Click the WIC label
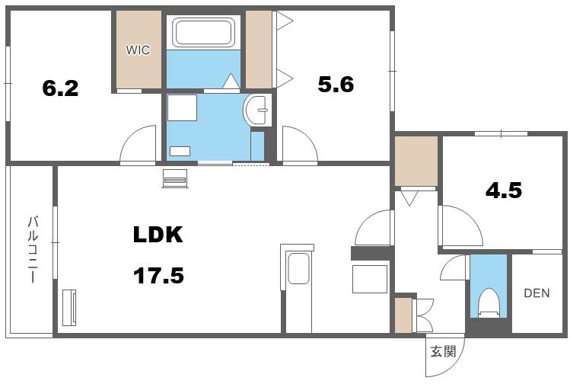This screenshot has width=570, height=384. (x=138, y=50)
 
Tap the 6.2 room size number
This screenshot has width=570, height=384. (x=60, y=88)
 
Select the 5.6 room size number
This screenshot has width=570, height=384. (x=336, y=85)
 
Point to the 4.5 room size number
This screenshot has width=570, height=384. (x=504, y=190)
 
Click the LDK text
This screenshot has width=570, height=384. (x=158, y=235)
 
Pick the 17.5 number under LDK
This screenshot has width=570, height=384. (x=158, y=276)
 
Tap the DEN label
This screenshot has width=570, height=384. (x=537, y=293)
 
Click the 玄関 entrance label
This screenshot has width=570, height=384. (x=443, y=351)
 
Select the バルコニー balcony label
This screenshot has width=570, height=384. (x=33, y=249)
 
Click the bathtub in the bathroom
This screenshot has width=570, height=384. (x=203, y=33)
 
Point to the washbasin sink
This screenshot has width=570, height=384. (x=257, y=110)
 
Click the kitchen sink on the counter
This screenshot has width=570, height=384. (x=298, y=269)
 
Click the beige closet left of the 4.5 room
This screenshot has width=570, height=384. (x=416, y=161)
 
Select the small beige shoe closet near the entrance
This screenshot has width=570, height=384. (x=403, y=315)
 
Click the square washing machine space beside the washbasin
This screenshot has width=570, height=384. (x=182, y=107)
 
